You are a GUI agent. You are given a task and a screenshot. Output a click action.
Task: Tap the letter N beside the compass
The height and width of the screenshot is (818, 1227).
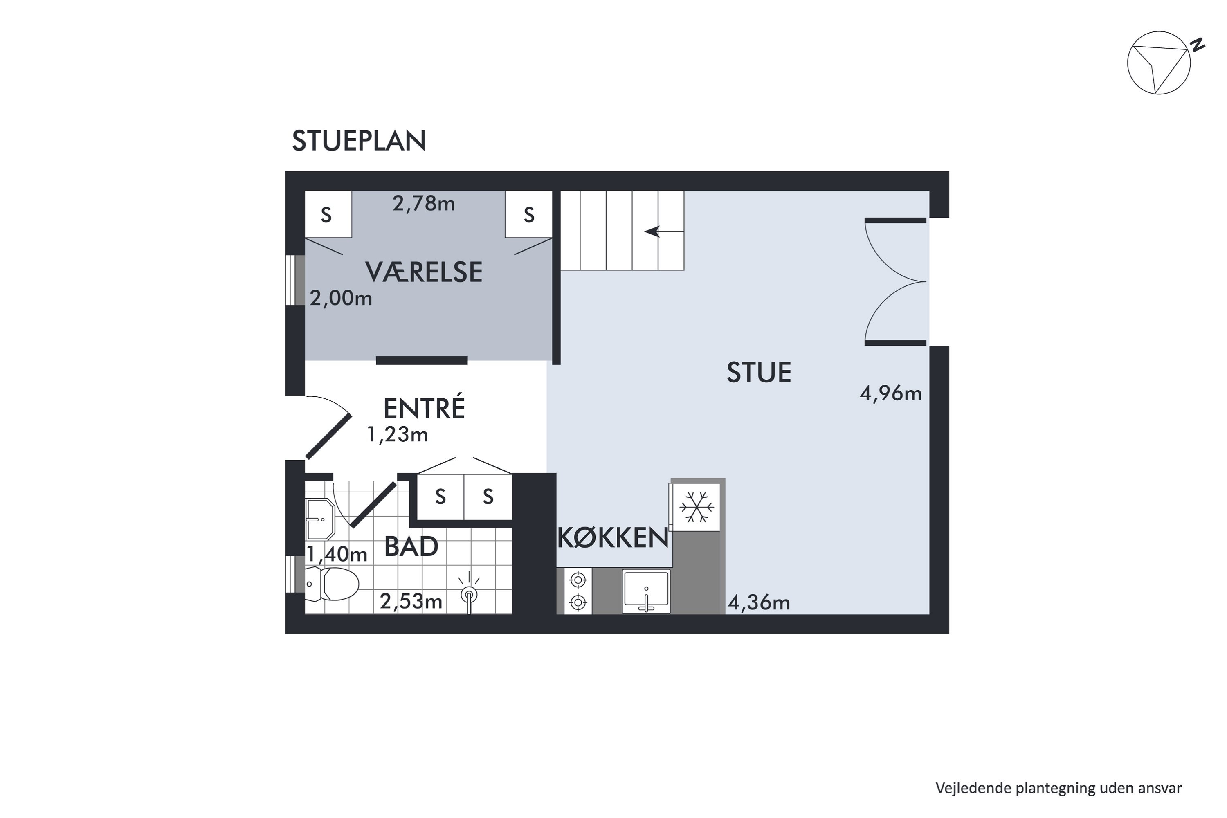click(1199, 45)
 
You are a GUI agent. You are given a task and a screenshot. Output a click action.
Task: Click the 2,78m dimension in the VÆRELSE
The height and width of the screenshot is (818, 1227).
click(424, 203)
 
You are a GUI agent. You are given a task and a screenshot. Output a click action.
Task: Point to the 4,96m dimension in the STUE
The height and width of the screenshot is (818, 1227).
click(890, 393)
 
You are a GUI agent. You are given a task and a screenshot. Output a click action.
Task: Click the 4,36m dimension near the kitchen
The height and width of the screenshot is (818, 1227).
click(759, 602)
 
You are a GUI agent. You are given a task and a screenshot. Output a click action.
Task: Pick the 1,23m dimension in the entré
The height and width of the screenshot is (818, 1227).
click(397, 434)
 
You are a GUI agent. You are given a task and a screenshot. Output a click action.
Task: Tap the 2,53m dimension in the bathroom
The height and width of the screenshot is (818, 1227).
click(411, 602)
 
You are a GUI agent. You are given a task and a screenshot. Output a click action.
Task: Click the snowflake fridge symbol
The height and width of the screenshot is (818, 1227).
click(697, 507)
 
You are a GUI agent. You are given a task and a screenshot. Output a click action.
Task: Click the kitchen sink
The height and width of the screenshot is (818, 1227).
click(646, 591)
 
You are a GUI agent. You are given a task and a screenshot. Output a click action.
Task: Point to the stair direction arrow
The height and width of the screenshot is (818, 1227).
click(652, 231)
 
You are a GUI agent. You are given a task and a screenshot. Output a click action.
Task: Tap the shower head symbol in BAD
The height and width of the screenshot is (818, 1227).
click(468, 594)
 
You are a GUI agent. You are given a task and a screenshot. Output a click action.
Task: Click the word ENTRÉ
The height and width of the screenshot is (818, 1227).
click(424, 409)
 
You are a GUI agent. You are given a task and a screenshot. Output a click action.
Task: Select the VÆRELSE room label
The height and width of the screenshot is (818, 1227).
click(424, 272)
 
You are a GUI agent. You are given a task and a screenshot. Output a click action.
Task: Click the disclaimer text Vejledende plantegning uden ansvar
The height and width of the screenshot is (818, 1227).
click(1058, 788)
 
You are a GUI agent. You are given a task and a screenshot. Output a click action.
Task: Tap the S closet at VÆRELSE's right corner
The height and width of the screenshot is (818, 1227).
click(528, 214)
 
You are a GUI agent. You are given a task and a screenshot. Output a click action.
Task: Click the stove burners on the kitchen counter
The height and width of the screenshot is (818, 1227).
click(578, 591)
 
